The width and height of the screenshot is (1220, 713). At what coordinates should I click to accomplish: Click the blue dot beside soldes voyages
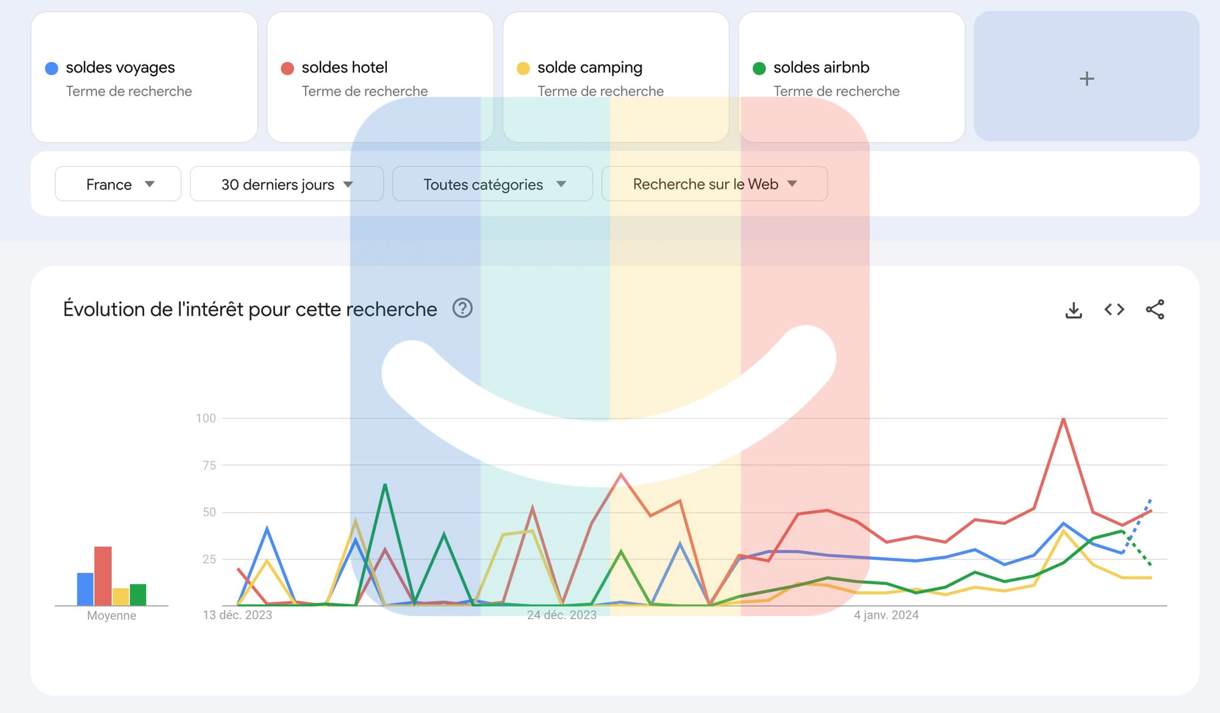point(52,68)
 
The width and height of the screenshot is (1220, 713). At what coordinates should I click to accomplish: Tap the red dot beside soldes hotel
point(287,68)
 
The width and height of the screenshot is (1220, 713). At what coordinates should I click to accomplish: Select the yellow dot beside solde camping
point(523,68)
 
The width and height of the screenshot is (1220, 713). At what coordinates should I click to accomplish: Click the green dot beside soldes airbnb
point(759,68)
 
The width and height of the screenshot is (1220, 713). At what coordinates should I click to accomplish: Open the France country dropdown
point(118,183)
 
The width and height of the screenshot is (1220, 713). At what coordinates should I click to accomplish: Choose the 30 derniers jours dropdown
point(287,183)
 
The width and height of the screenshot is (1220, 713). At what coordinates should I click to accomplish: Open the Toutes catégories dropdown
point(493,183)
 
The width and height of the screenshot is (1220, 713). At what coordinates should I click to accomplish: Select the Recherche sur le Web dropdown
point(715,183)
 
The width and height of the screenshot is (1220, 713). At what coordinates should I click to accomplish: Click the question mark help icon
point(462,308)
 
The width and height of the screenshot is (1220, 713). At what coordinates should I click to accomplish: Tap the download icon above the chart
point(1074,310)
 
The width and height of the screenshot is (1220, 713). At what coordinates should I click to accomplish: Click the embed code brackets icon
point(1114,310)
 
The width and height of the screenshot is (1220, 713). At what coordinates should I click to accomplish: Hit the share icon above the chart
point(1155,310)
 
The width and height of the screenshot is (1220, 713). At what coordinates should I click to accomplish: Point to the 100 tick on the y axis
point(206,418)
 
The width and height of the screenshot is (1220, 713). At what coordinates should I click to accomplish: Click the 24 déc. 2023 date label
point(562,615)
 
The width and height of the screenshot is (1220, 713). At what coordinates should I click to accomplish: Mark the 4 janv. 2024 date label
point(886,615)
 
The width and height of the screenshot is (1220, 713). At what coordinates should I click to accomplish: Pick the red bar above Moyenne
point(103,576)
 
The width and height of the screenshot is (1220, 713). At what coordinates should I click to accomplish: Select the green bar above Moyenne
point(138,595)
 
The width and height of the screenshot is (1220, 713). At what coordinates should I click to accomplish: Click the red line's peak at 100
point(1063,419)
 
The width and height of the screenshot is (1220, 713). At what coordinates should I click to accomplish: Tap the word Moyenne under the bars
point(112,615)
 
